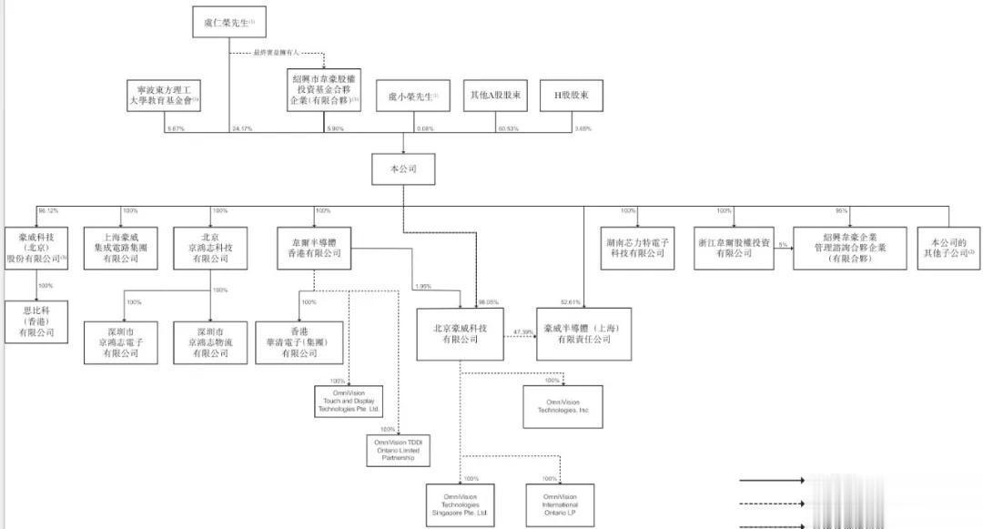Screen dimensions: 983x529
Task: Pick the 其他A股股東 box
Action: click(x=495, y=95)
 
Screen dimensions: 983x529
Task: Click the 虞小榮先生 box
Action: click(x=412, y=95)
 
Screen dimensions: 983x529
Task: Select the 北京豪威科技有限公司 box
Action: click(x=460, y=333)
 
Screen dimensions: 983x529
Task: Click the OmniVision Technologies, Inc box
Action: click(x=562, y=406)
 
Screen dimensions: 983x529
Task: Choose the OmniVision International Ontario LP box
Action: click(x=561, y=504)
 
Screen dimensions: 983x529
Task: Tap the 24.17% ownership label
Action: click(x=243, y=128)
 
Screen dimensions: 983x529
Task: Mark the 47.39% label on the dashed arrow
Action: click(x=522, y=331)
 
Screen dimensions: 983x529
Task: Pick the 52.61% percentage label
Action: click(x=571, y=301)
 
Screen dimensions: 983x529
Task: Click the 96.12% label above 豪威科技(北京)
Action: click(x=47, y=210)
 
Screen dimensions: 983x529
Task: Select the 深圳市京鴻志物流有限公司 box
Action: click(x=209, y=341)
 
